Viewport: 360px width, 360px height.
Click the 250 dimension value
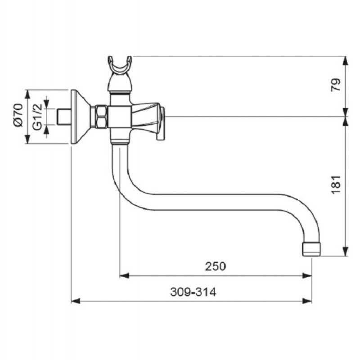(x=215, y=266)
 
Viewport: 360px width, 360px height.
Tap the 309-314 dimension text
(x=193, y=292)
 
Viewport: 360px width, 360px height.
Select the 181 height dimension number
(x=336, y=185)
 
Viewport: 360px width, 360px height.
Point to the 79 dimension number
(x=336, y=85)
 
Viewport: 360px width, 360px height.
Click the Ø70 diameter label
(x=18, y=115)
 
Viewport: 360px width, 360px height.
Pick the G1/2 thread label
(x=37, y=117)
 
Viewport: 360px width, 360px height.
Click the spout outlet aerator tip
(x=311, y=249)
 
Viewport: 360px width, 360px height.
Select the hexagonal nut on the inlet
(x=101, y=117)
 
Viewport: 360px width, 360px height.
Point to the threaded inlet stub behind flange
(x=63, y=117)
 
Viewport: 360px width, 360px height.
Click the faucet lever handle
(x=148, y=119)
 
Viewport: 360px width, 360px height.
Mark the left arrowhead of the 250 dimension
(x=124, y=275)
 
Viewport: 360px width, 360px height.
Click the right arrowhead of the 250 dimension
(x=307, y=275)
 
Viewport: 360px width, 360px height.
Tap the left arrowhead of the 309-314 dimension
(x=76, y=301)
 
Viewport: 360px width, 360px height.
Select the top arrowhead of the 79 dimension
(x=345, y=61)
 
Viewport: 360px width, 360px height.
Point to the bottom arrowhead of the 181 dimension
(x=345, y=252)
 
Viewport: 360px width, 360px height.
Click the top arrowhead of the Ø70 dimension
(x=27, y=94)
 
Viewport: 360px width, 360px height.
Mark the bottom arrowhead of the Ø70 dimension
(x=27, y=139)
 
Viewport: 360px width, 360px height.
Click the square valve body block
(x=120, y=117)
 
